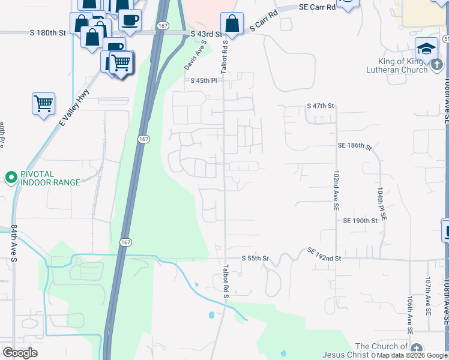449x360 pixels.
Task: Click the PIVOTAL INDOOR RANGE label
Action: pos(50,178)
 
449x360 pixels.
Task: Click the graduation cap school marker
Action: pos(426,49)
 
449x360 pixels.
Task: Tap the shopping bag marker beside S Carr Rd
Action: pos(232,24)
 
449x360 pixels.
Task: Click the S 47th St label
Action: pos(319,106)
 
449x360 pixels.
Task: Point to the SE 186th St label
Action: pos(354,146)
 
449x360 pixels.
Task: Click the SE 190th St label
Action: pos(360,220)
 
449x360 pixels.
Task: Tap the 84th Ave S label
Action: pos(13,243)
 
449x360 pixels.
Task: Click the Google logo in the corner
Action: pos(20,353)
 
